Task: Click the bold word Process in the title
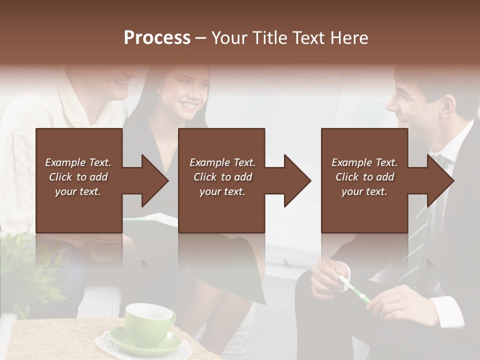pos(157,37)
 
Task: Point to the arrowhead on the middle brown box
pos(296,180)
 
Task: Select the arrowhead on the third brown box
pos(439,180)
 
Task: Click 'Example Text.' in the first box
pos(78,162)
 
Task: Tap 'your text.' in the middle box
pos(222,191)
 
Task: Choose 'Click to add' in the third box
pos(364,177)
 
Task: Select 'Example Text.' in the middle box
pos(222,162)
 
